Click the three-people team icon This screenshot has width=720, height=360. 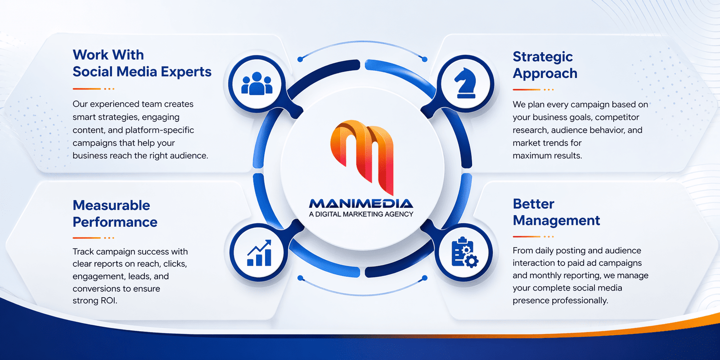pyautogui.click(x=257, y=83)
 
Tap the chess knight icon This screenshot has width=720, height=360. pyautogui.click(x=465, y=83)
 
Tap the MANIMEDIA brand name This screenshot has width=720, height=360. pyautogui.click(x=361, y=203)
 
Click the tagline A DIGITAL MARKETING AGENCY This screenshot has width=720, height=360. pyautogui.click(x=361, y=214)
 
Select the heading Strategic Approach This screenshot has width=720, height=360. pyautogui.click(x=545, y=65)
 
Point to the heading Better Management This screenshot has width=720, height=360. pyautogui.click(x=556, y=212)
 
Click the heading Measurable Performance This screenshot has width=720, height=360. pyautogui.click(x=115, y=213)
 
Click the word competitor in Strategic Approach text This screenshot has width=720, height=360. pyautogui.click(x=617, y=117)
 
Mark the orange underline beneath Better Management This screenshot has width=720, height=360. pyautogui.click(x=527, y=236)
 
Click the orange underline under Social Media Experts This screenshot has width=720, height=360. pyautogui.click(x=87, y=89)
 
